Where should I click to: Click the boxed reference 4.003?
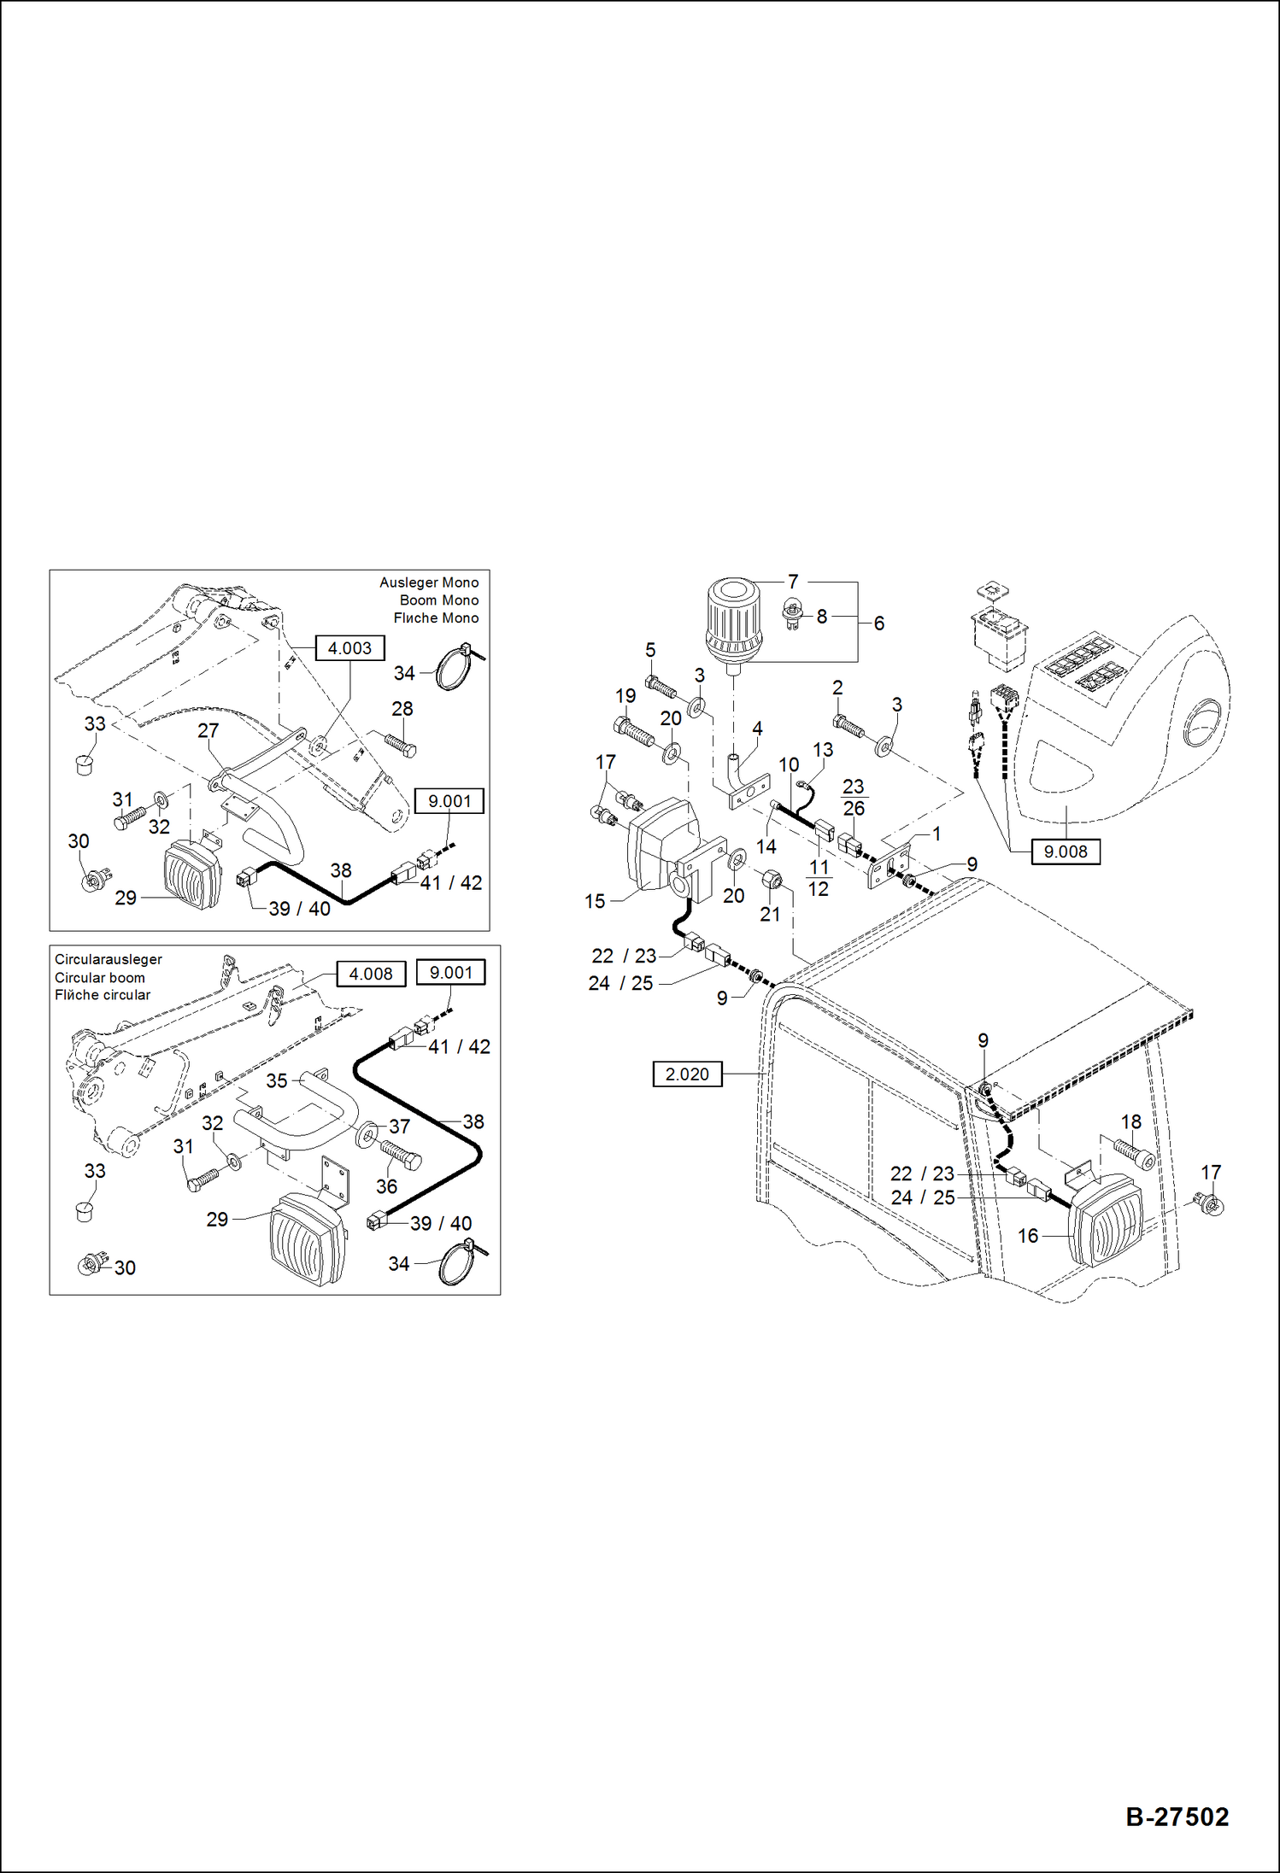pos(349,648)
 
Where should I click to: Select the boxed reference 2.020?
pos(687,1074)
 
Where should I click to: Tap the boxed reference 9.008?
pos(1066,852)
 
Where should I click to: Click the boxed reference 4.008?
pos(371,974)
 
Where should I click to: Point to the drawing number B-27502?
pos(1177,1817)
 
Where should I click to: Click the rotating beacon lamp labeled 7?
pos(732,621)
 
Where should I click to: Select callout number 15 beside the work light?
pos(595,901)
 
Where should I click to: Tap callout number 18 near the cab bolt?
pos(1130,1122)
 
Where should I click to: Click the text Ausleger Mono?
pos(429,582)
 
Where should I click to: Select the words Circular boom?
pos(100,977)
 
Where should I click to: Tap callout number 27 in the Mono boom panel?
pos(208,730)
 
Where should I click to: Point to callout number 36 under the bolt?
pos(386,1185)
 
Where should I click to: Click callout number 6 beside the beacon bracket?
pos(878,623)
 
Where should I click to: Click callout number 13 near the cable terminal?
pos(822,750)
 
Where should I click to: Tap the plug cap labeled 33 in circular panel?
pos(84,1210)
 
